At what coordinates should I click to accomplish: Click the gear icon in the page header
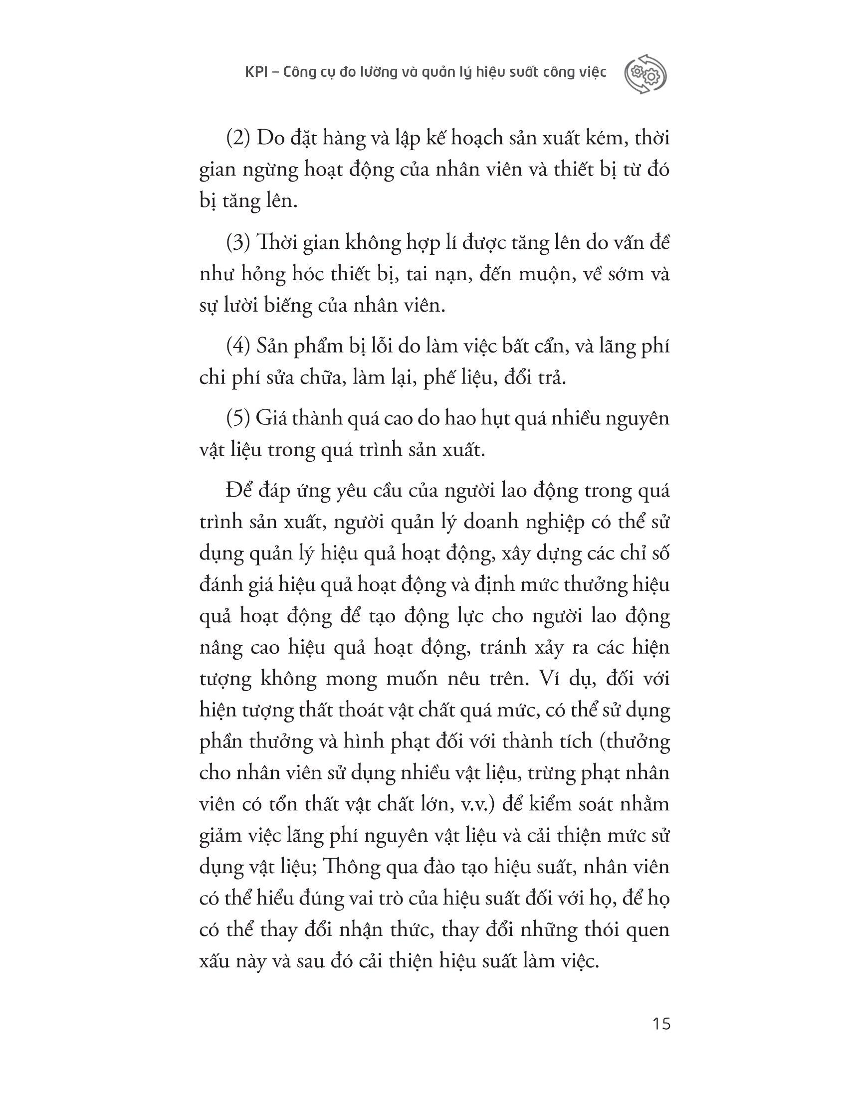click(645, 74)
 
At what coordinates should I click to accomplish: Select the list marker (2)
click(238, 139)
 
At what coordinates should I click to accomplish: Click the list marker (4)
click(238, 347)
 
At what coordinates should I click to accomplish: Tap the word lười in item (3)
click(243, 306)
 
